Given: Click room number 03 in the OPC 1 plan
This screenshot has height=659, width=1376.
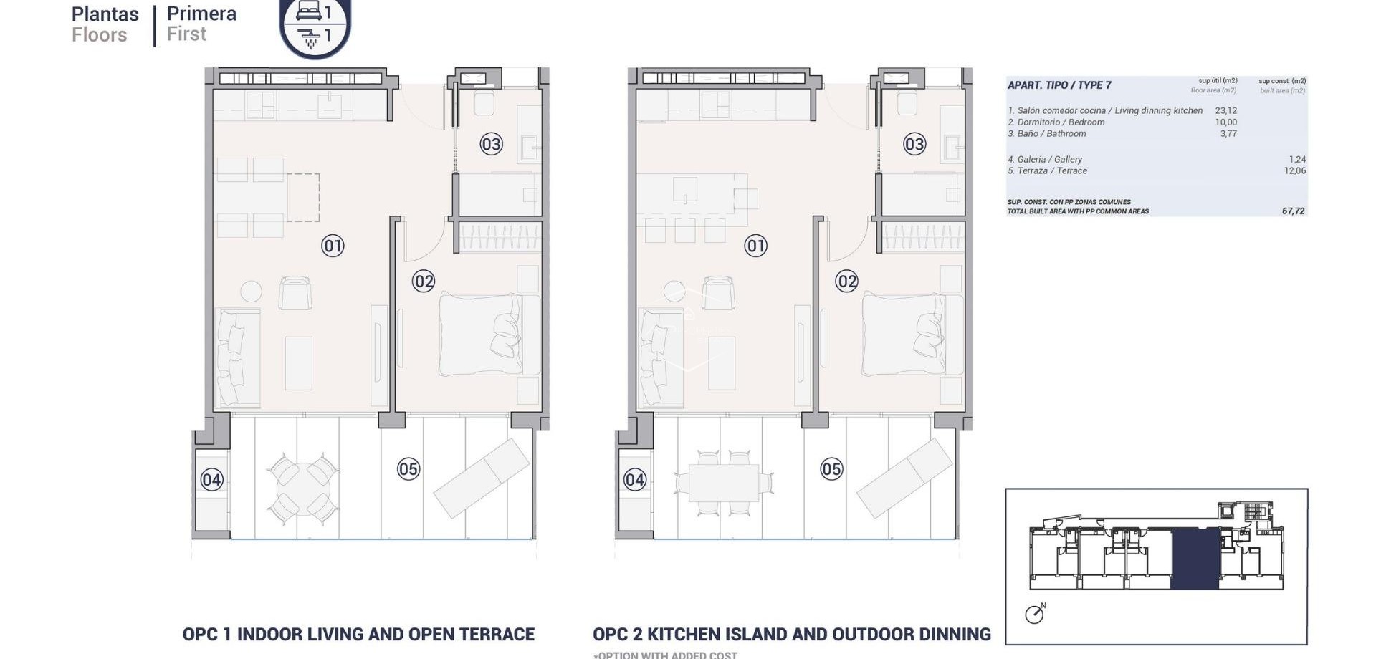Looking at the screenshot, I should coord(491,144).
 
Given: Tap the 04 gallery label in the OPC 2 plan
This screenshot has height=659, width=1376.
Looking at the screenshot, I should coord(634,479).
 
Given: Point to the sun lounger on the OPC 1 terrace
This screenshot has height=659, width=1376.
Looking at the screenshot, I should coord(482,477).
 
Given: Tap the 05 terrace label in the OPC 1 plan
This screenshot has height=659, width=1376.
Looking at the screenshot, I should coord(408,469).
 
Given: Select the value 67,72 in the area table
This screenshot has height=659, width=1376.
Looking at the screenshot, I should coord(1293,211).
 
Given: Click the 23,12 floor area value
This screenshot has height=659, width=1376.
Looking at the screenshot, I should coord(1225,110).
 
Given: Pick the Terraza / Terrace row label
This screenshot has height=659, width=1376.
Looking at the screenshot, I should coord(1047,170).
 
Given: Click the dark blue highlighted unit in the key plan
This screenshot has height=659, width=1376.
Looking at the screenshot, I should coord(1195,559).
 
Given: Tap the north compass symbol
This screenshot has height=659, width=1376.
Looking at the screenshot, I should coord(1034,614).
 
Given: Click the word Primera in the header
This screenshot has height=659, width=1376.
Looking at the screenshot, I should coord(201,14).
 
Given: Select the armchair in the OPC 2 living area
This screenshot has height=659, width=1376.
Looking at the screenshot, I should coord(718,292).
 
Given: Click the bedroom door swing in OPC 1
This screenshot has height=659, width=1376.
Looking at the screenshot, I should coord(421,242).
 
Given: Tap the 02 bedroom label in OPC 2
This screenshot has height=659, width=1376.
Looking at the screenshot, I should coord(846,282).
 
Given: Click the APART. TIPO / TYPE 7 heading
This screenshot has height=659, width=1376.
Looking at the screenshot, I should coord(1059,85).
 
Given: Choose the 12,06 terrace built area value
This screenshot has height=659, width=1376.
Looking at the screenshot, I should coord(1294,170).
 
